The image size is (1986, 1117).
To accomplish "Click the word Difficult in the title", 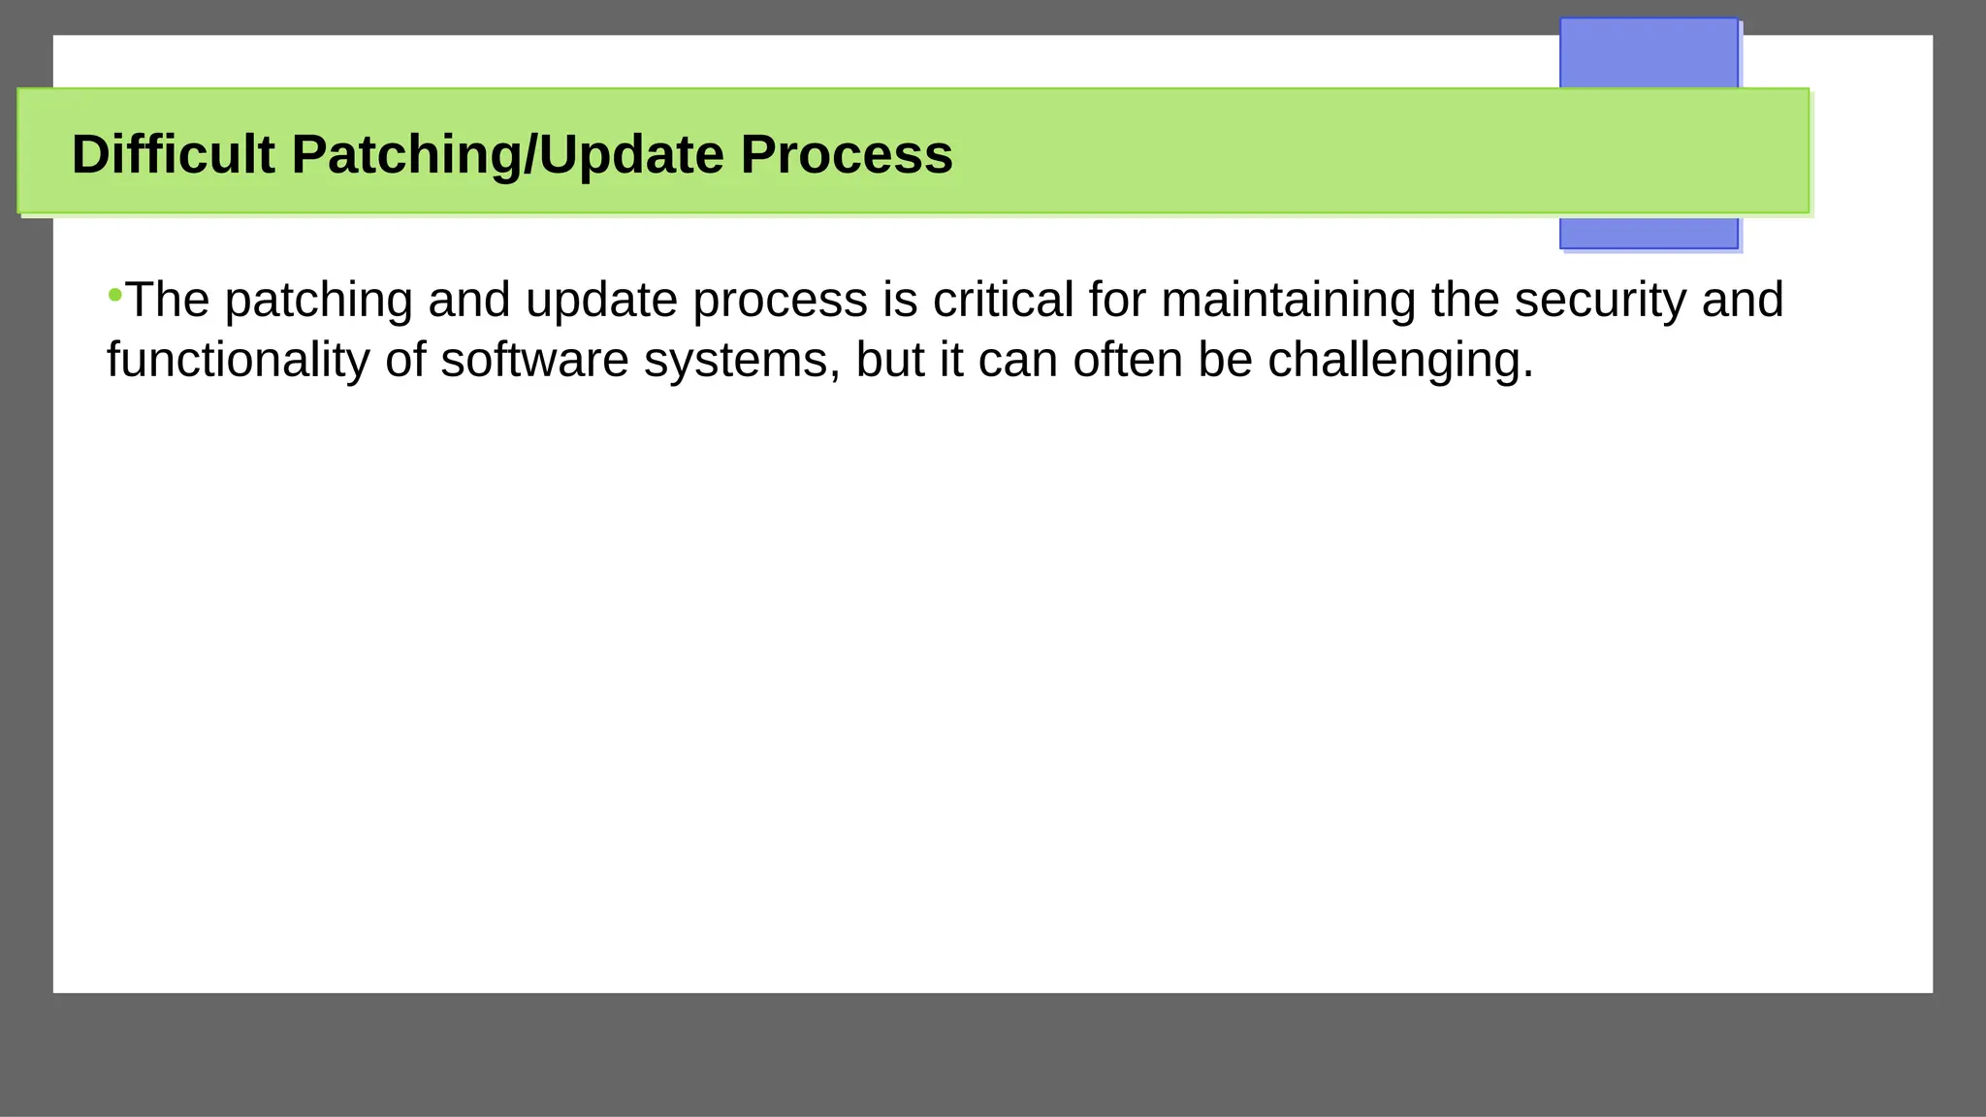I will click(173, 154).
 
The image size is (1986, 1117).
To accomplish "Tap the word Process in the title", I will click(847, 154).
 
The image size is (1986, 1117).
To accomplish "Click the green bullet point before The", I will click(114, 294).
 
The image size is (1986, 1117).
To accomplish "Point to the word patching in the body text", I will click(319, 301).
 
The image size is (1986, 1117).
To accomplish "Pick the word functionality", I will click(238, 361).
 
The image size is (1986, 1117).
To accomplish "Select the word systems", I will click(741, 361).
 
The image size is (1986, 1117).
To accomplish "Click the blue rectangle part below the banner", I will click(1648, 232).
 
